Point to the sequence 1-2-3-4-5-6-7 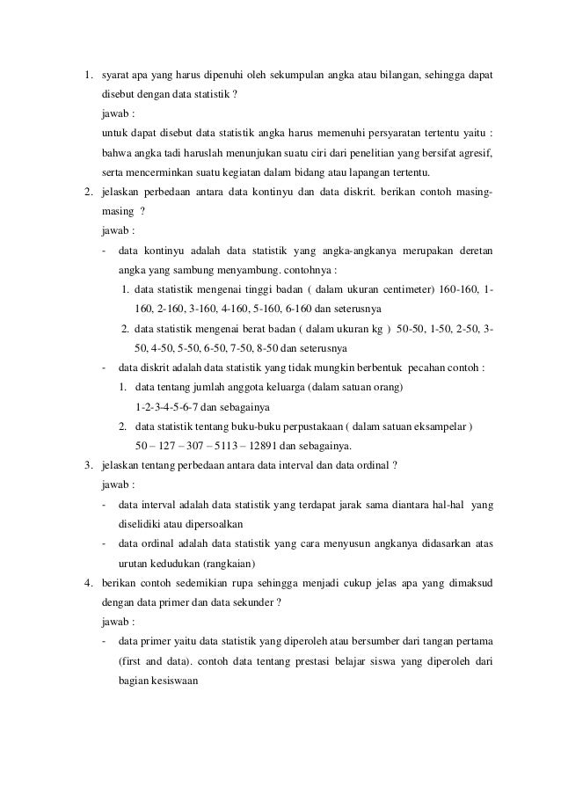pos(174,408)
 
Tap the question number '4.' pos(88,583)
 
